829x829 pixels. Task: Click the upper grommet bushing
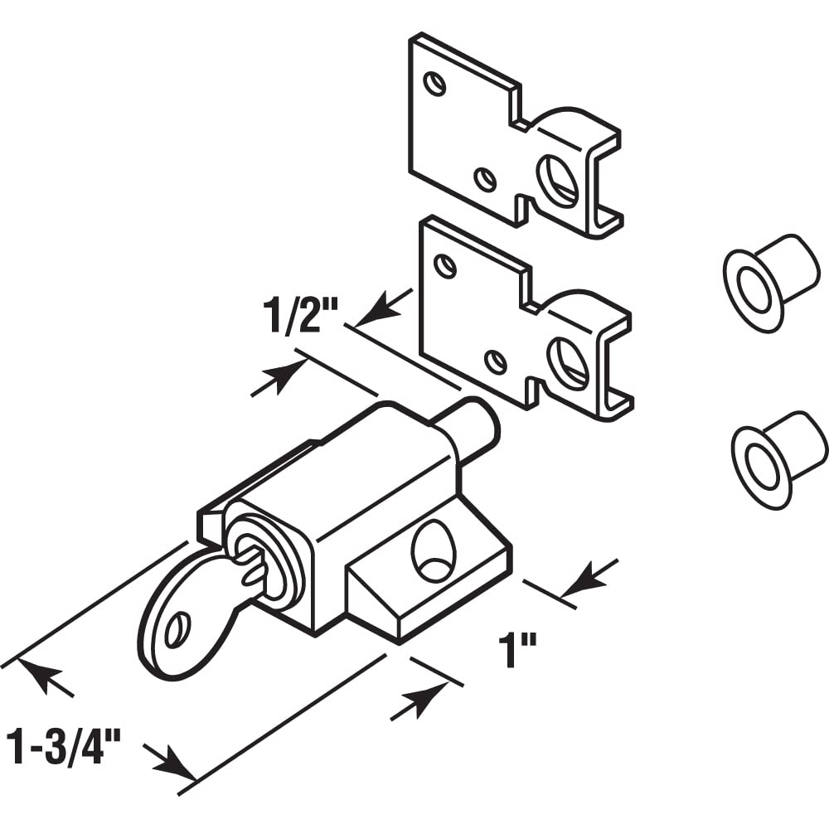click(x=770, y=282)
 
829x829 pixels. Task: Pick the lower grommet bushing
click(x=778, y=458)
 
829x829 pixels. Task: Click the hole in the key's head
click(x=177, y=631)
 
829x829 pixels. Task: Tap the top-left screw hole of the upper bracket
click(x=434, y=83)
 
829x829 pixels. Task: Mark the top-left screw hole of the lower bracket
click(x=445, y=266)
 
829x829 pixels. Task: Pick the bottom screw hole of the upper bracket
click(x=486, y=179)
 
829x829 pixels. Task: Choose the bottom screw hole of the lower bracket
click(x=496, y=361)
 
